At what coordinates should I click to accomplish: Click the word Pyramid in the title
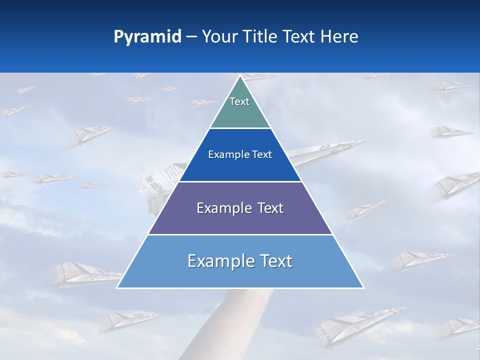tap(147, 36)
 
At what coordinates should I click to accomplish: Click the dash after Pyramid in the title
tap(191, 37)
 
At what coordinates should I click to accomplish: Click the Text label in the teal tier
tap(239, 101)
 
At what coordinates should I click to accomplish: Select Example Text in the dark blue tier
tap(240, 154)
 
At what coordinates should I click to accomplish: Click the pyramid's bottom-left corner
tap(117, 287)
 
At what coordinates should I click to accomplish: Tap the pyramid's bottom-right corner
tap(363, 287)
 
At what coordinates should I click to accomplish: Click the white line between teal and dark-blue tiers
tap(240, 128)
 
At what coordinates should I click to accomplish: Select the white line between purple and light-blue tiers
tap(240, 234)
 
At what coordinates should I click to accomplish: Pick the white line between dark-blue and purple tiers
tap(240, 181)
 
